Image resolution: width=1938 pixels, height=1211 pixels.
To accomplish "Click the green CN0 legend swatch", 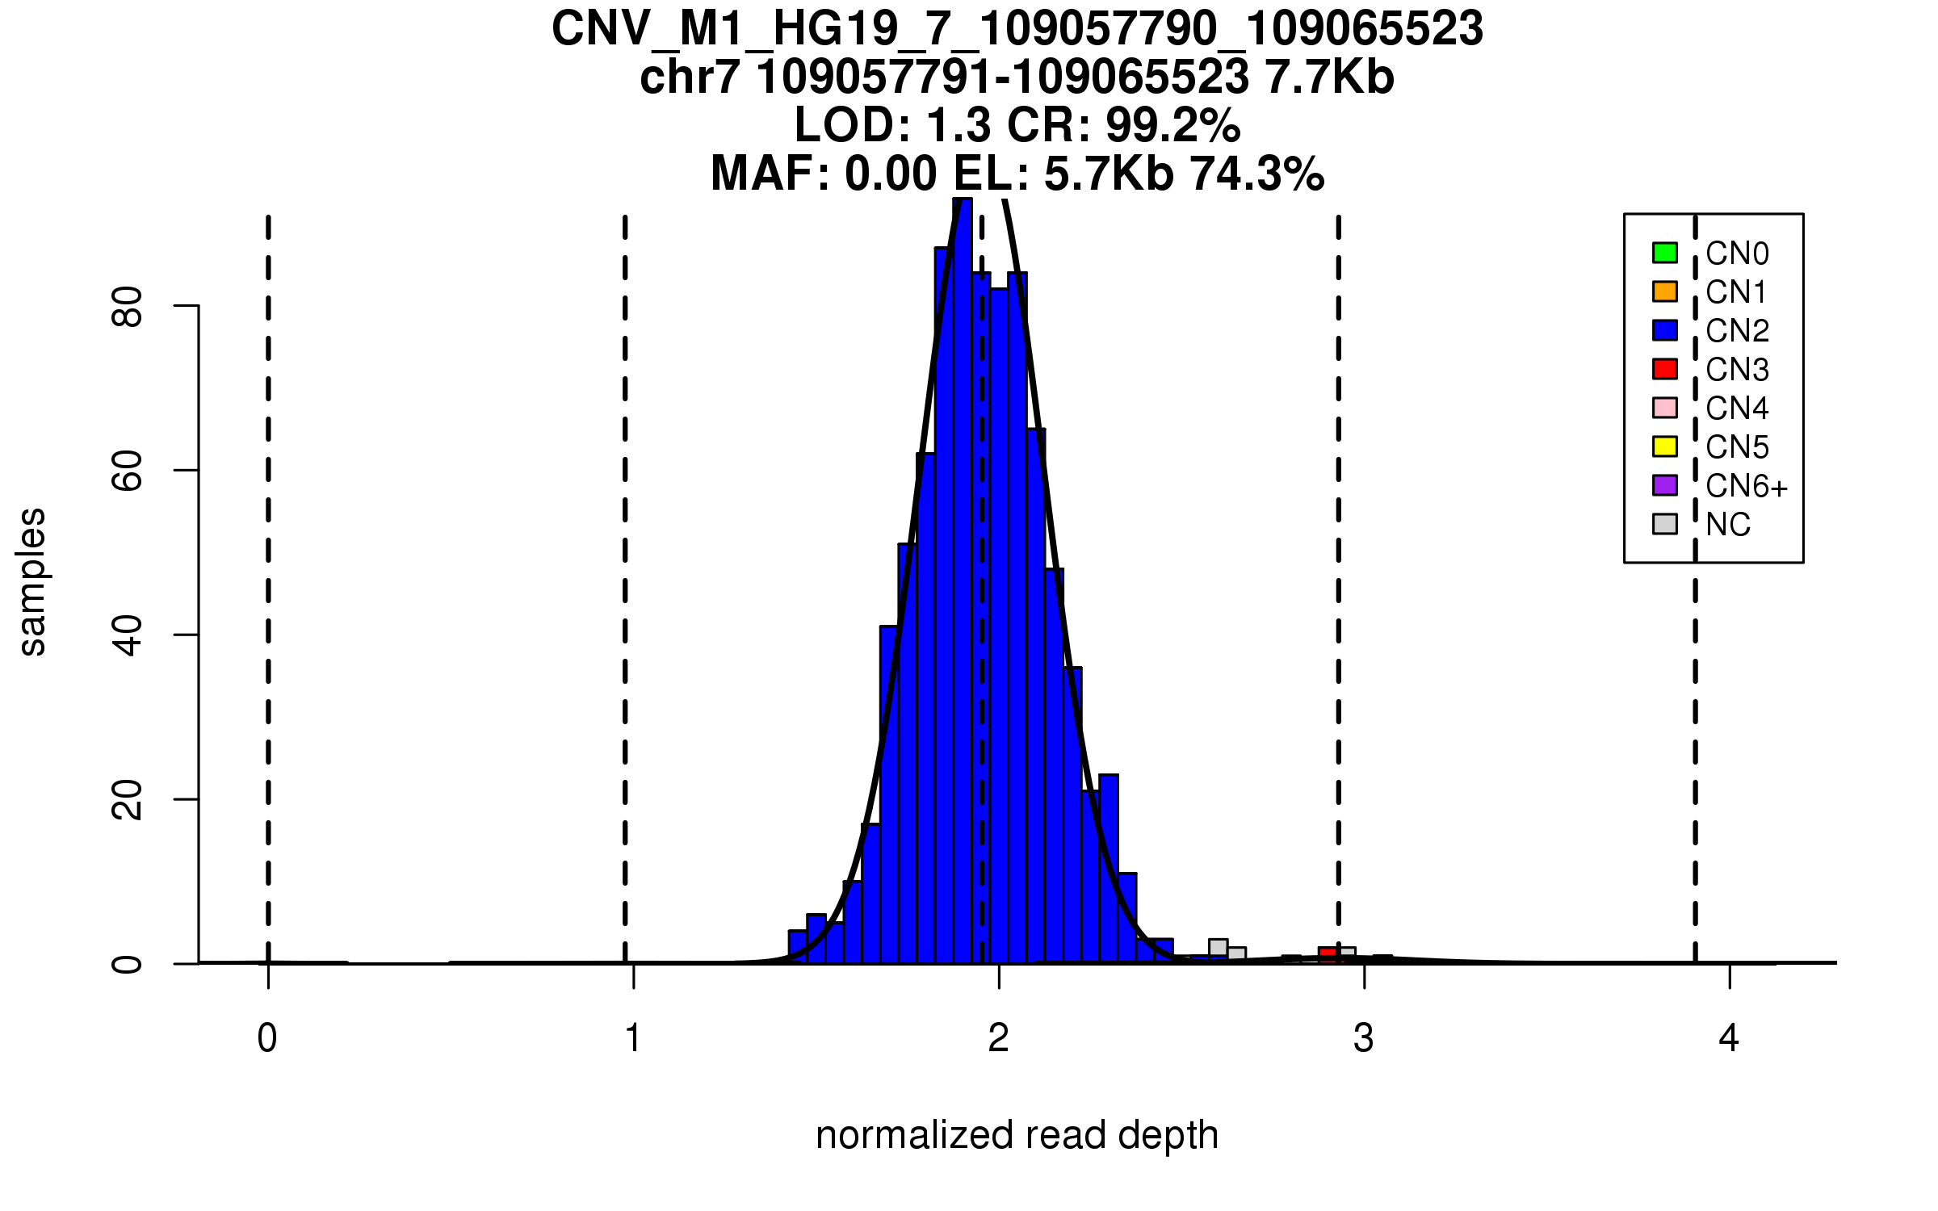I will pos(1665,253).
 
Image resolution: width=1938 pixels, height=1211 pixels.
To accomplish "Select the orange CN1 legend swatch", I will pos(1665,291).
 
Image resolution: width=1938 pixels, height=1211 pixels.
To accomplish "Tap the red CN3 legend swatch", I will pos(1665,369).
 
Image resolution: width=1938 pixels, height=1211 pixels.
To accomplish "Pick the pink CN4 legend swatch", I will pos(1665,408).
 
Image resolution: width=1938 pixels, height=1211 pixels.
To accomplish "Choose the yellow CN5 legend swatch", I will pos(1665,446).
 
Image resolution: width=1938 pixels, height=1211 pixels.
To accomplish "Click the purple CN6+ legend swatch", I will pos(1665,485).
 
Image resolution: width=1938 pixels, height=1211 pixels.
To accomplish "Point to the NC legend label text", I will pos(1728,525).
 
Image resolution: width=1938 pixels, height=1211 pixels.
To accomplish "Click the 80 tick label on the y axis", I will pos(128,306).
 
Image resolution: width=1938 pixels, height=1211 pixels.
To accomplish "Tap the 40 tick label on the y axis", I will pos(128,635).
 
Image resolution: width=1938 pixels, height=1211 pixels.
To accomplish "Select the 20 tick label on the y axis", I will pos(128,800).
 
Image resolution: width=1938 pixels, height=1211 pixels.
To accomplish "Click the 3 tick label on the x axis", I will pos(1364,1038).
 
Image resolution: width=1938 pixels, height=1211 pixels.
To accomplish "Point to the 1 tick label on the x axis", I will pos(633,1038).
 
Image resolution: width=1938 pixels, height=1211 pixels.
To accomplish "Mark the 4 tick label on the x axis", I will pos(1729,1038).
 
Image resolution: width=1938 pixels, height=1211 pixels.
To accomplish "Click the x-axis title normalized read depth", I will pos(1017,1135).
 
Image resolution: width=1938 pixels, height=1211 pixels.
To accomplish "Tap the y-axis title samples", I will pos(32,582).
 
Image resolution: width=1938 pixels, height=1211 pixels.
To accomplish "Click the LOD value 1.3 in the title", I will pos(959,125).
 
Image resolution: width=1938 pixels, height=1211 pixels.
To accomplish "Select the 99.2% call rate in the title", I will pos(1172,125).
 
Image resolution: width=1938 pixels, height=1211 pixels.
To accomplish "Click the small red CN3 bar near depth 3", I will pos(1328,954).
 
